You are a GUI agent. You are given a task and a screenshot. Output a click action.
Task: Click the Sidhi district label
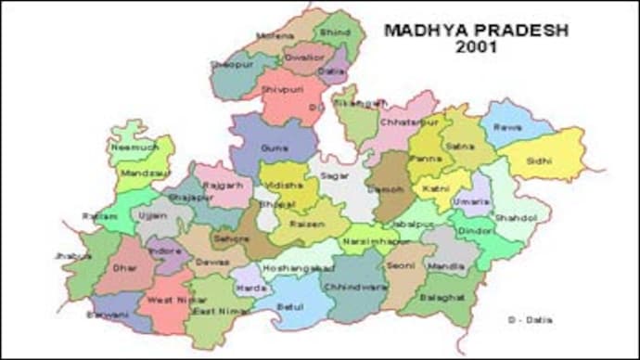coord(540,161)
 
